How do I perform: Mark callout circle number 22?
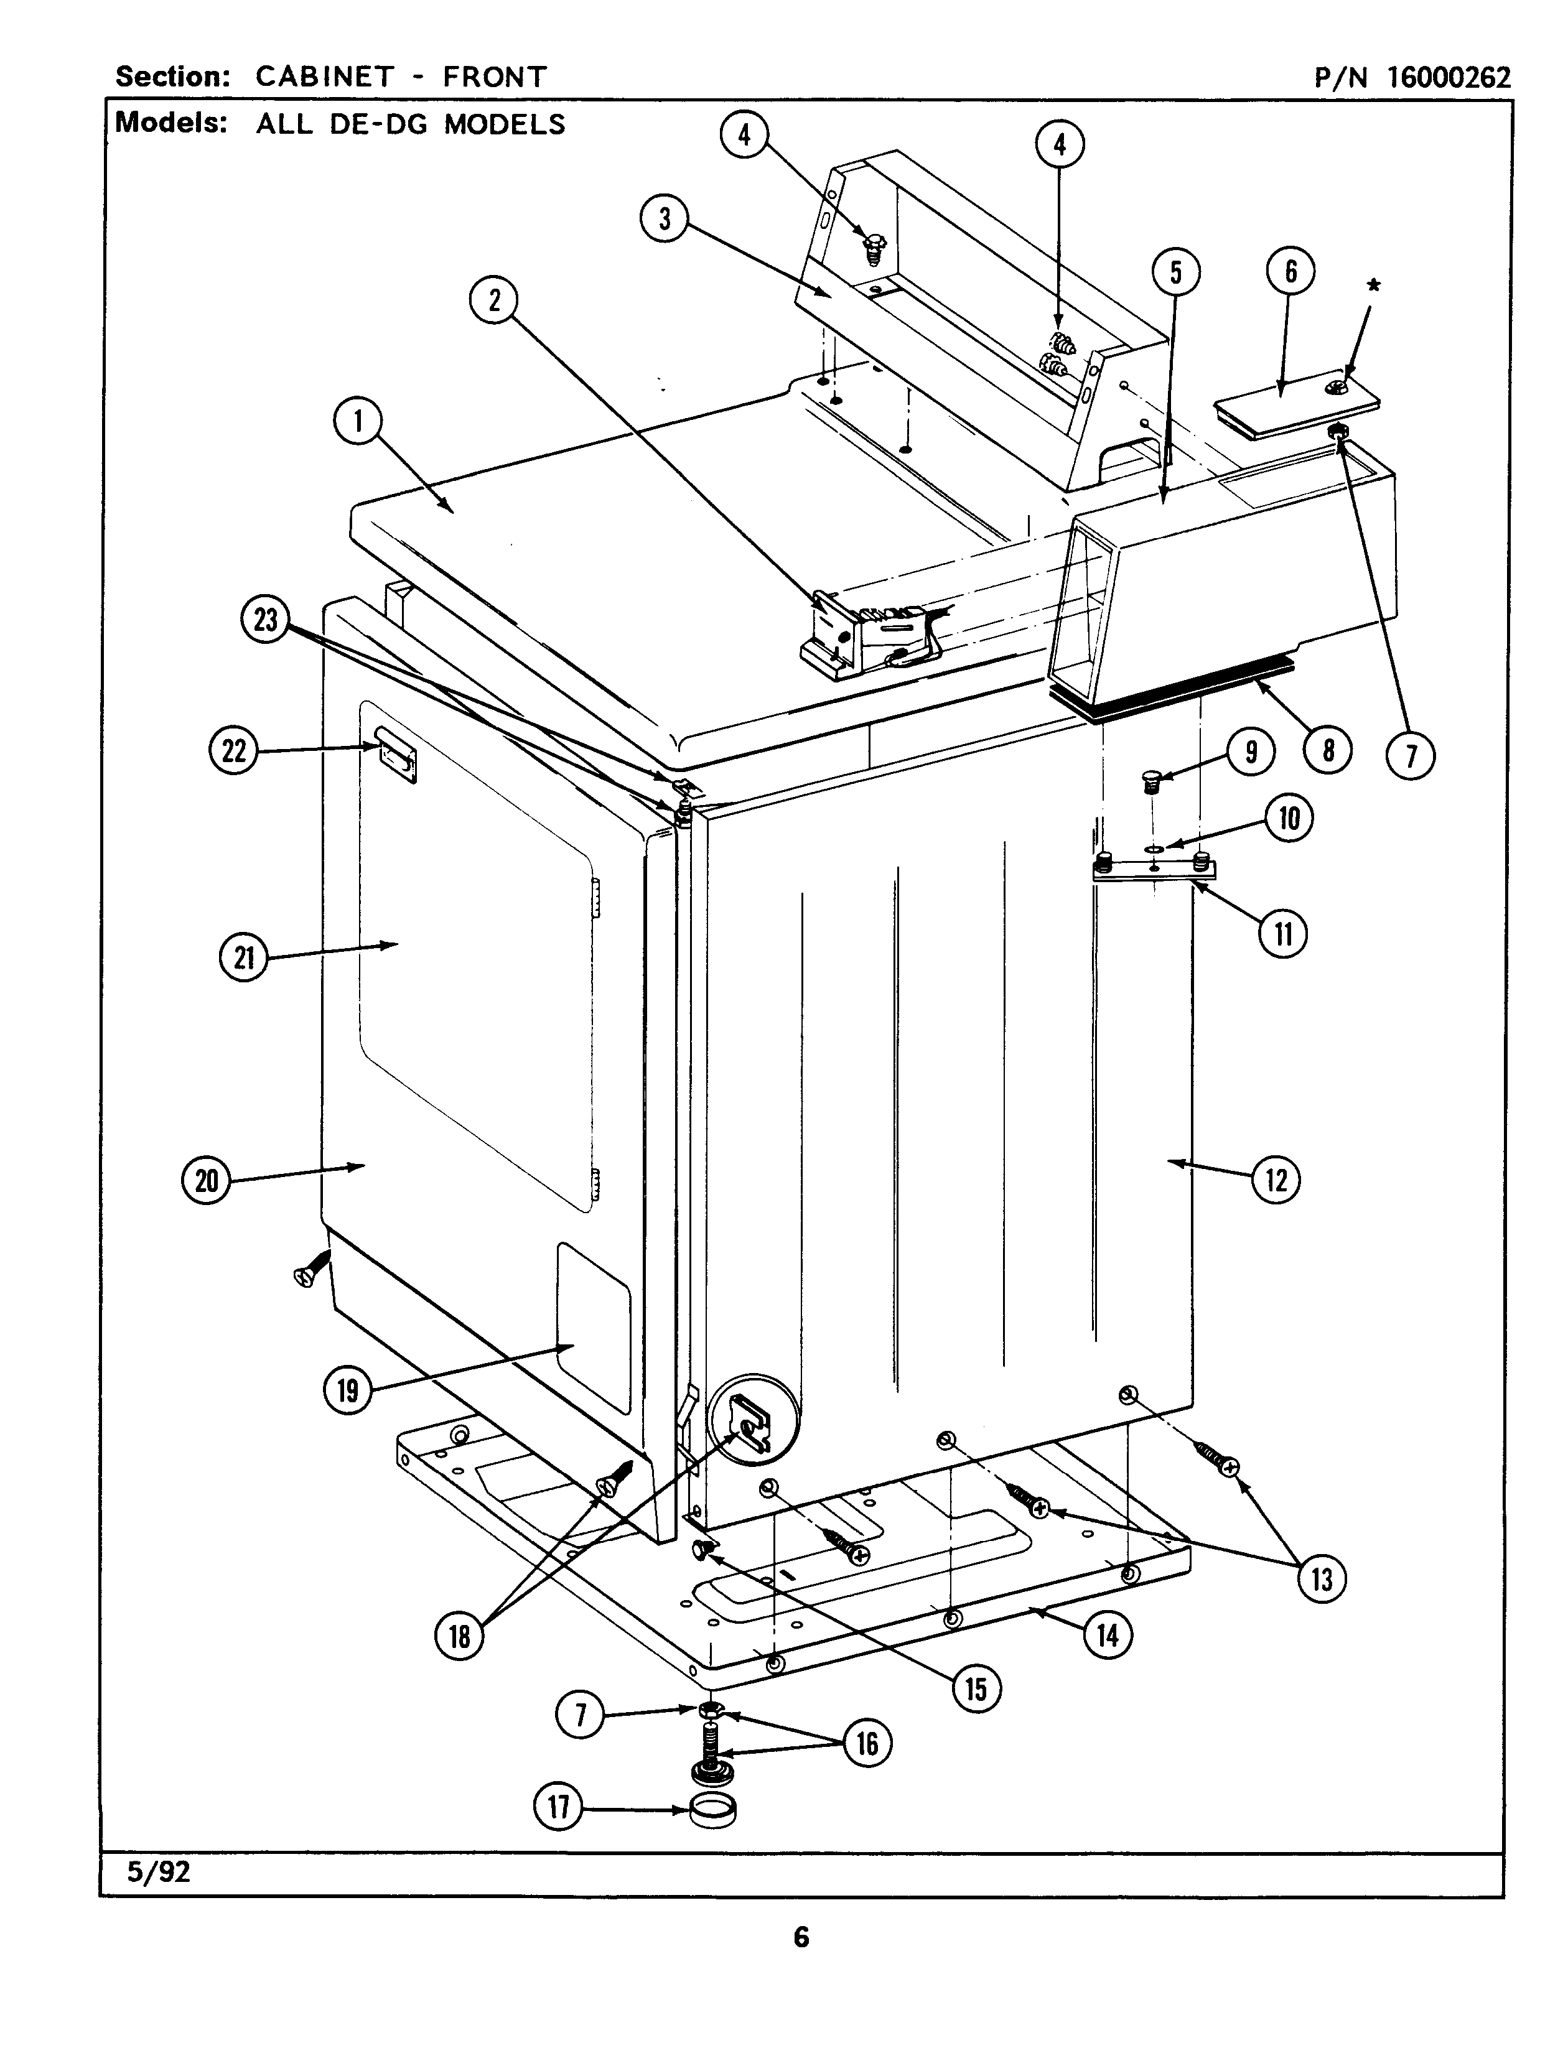233,752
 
